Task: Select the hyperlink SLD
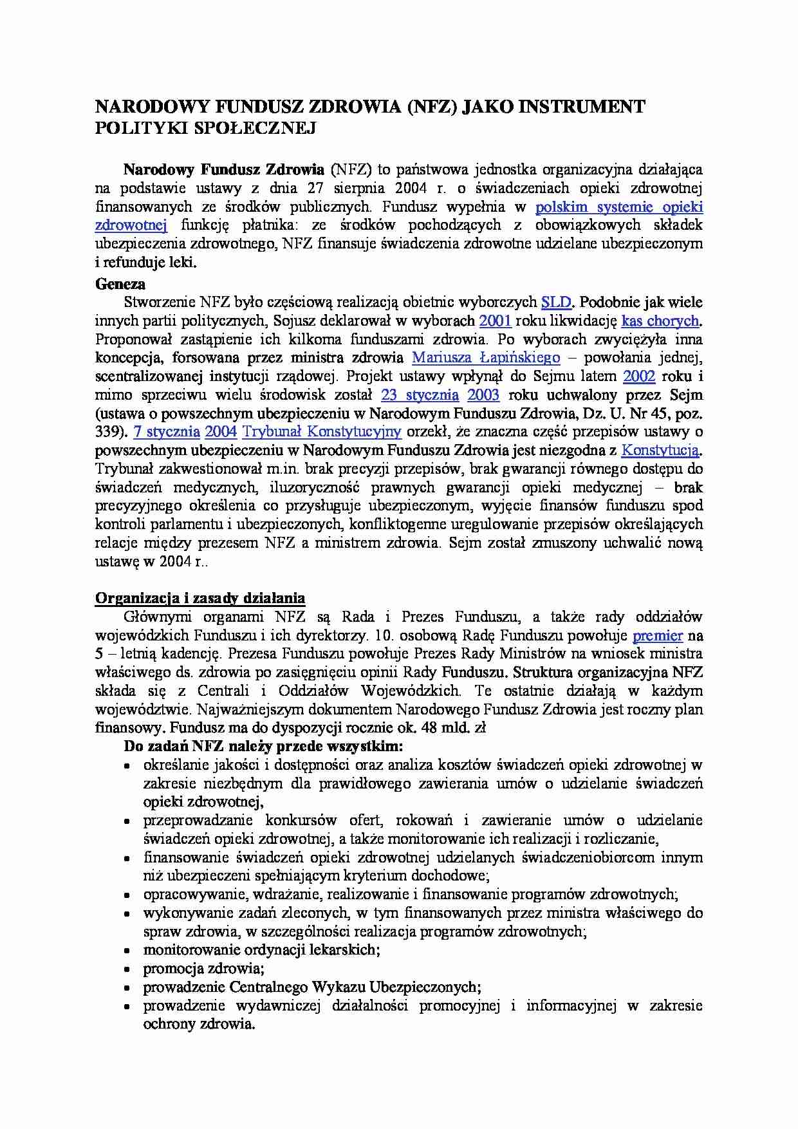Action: coord(556,302)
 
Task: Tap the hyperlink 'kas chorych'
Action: coord(660,321)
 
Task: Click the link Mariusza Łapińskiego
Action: coord(486,358)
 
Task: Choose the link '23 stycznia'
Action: coord(420,395)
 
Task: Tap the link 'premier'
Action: coord(657,635)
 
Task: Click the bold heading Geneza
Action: coord(120,284)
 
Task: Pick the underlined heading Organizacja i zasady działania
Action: coord(200,599)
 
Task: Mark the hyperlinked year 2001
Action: coord(496,321)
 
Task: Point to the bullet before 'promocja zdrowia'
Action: coord(129,969)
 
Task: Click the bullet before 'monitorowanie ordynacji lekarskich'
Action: coord(129,951)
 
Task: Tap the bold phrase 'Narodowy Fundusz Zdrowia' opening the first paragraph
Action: coord(224,170)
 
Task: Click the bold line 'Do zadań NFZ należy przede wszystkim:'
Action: coord(263,747)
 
